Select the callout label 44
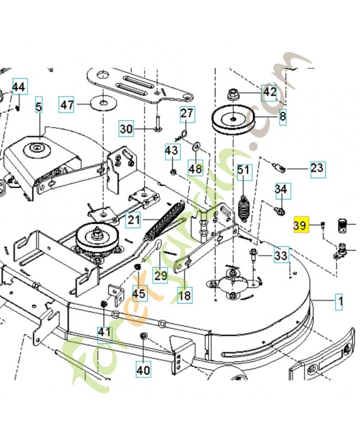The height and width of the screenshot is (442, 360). coord(19,87)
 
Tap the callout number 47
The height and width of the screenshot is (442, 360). coord(67,104)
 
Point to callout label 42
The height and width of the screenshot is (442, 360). coord(270,92)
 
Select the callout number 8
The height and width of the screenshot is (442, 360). coord(283,117)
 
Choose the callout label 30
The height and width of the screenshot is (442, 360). coord(126,129)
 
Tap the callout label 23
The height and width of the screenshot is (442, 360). coord(317,168)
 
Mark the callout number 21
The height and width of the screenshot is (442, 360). coord(134,220)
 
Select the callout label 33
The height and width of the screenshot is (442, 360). coord(281,255)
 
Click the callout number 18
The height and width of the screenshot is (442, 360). coord(184,295)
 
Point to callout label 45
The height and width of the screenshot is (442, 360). coord(139,293)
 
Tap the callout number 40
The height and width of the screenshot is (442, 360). coord(143,370)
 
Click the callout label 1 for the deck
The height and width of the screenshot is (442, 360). coord(340,302)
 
